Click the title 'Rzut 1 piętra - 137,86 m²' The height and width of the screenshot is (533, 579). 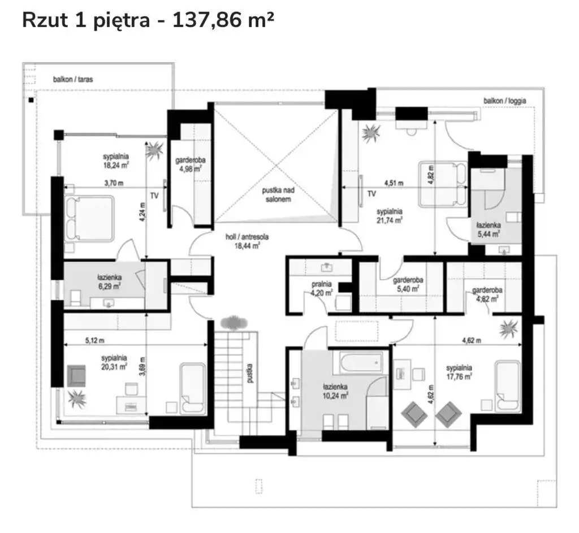[x=148, y=20]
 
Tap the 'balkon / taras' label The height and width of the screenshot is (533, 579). [x=73, y=79]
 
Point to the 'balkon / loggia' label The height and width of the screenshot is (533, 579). [x=505, y=101]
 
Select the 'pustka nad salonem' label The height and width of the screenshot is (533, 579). [x=278, y=195]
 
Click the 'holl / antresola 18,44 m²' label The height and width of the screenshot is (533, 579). [x=247, y=241]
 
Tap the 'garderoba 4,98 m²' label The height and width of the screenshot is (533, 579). [x=190, y=164]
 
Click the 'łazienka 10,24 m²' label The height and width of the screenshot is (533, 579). [x=335, y=391]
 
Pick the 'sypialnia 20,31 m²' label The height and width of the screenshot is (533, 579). [x=114, y=362]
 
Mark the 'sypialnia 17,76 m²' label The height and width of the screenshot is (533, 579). [x=459, y=372]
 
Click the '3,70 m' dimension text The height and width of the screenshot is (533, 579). [x=114, y=183]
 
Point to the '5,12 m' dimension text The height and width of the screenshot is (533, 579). [x=94, y=340]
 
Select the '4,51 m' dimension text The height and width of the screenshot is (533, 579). [x=394, y=183]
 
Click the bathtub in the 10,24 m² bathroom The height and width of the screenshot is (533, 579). [x=361, y=362]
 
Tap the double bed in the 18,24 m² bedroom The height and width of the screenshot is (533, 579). [x=89, y=219]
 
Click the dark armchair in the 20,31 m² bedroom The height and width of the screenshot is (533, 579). [x=76, y=376]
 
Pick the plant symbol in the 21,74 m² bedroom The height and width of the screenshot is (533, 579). [x=371, y=133]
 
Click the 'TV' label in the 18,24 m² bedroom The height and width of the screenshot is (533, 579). [x=154, y=195]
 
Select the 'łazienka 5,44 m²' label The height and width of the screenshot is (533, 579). [x=488, y=229]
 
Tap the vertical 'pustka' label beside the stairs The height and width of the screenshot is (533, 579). [x=250, y=373]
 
